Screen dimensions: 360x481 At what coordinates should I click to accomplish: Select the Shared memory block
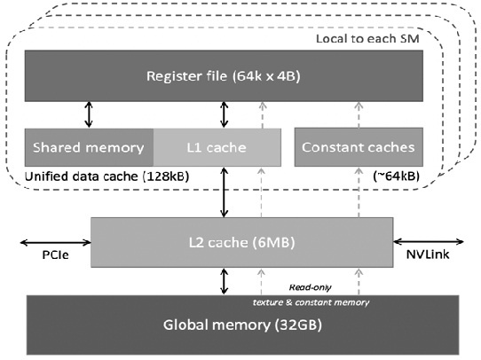point(90,146)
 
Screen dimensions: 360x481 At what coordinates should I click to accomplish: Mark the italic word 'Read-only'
point(311,287)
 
